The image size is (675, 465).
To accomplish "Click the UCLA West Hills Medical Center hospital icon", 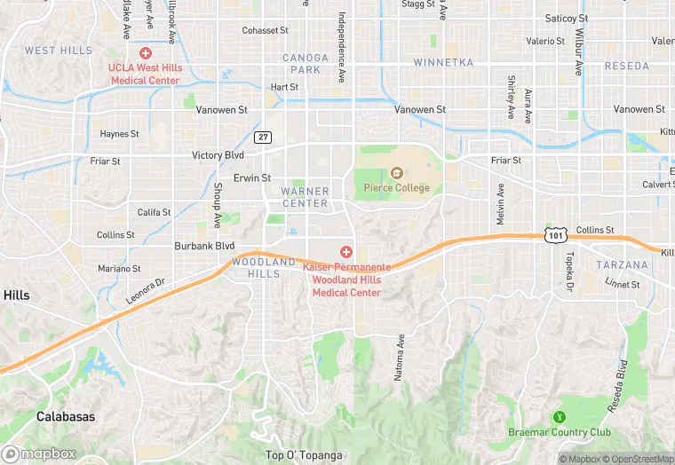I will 145,54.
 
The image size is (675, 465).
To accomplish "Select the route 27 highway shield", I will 263,137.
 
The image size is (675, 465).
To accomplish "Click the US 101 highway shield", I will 555,235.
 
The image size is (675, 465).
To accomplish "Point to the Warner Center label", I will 305,197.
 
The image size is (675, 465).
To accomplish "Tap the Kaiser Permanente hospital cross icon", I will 346,253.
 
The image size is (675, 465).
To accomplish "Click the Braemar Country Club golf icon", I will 560,417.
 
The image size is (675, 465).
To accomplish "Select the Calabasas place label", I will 66,415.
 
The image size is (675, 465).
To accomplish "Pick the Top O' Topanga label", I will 304,455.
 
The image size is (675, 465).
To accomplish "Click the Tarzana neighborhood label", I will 622,264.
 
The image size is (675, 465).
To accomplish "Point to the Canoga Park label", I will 305,63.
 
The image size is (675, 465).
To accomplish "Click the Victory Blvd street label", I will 218,155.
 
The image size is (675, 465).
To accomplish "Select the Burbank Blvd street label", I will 203,246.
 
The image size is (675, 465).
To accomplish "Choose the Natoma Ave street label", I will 400,357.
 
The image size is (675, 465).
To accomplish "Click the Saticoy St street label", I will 566,18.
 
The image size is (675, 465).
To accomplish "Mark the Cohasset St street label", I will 265,30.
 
